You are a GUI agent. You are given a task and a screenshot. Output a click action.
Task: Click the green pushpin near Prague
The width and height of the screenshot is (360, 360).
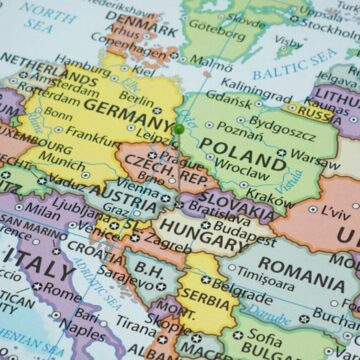point(179,129)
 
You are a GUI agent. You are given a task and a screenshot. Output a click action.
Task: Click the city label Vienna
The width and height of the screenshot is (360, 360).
point(136,185)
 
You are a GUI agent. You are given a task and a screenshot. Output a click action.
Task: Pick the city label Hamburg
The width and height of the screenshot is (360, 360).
point(83,60)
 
